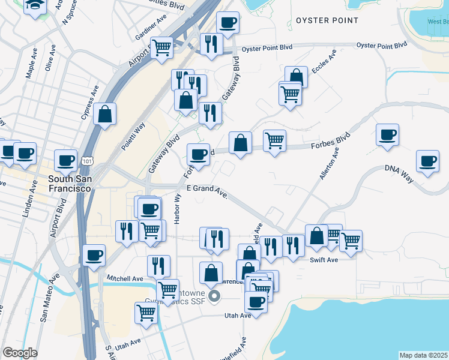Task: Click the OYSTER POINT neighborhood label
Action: [327, 20]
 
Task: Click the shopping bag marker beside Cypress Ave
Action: [104, 115]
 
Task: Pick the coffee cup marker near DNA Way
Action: [427, 161]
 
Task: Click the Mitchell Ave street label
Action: [125, 278]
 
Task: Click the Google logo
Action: [20, 353]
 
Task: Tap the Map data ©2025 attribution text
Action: [423, 355]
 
